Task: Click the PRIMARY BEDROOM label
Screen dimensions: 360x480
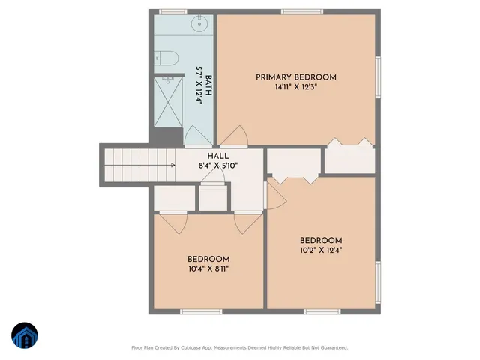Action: [x=295, y=77]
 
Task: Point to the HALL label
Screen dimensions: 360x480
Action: [x=208, y=156]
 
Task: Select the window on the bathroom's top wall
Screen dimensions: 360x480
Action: [x=173, y=11]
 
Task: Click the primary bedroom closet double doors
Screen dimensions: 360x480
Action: [x=349, y=142]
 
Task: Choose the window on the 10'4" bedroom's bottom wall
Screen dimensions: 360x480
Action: [x=201, y=310]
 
